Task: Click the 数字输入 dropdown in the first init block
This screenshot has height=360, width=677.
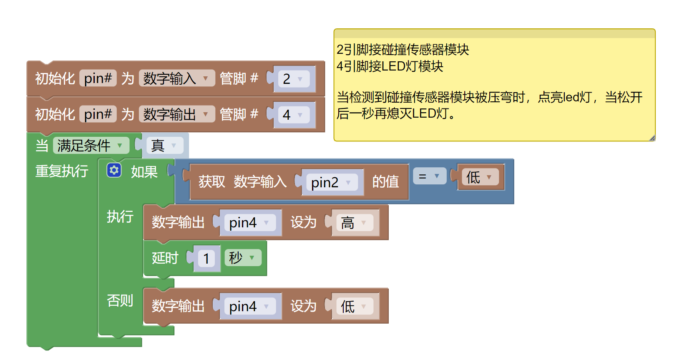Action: point(176,78)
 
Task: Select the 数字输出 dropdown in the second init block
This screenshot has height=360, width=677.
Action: point(176,114)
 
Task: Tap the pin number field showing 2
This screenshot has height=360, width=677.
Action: point(293,79)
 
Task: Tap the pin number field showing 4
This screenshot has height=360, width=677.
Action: point(293,115)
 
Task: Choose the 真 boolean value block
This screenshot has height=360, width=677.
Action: point(164,146)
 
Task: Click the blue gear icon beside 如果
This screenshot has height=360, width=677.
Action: point(114,170)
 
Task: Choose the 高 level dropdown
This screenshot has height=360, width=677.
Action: point(354,223)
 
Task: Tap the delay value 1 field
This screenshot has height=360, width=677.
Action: point(206,259)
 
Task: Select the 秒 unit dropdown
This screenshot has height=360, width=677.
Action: point(242,258)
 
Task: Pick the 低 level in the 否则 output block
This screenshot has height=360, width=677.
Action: point(354,307)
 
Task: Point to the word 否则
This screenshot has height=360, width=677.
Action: point(120,300)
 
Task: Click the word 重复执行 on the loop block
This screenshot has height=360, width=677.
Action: point(62,171)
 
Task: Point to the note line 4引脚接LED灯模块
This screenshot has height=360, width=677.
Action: point(390,66)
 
